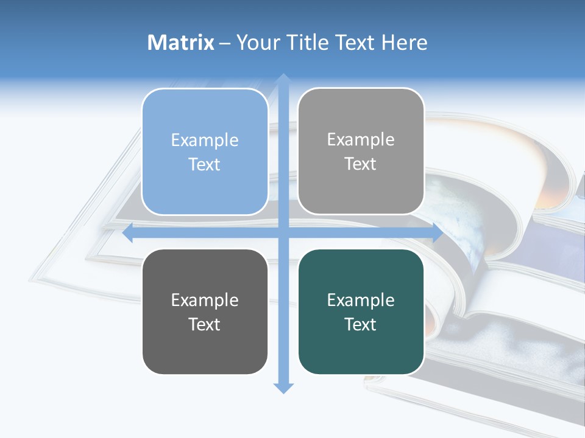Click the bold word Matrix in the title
181,43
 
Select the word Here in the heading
405,43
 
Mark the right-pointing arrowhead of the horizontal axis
438,233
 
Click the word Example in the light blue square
205,140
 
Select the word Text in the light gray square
361,164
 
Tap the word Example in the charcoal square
205,300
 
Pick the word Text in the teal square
361,324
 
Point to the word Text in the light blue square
205,164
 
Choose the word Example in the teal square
361,300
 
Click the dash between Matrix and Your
225,43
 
